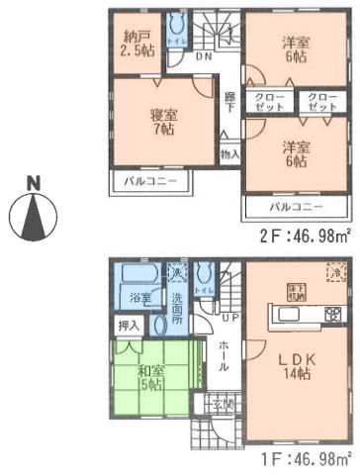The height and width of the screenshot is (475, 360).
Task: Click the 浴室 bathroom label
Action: (x=142, y=298)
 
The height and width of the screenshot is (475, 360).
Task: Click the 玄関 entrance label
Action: (x=224, y=403)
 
